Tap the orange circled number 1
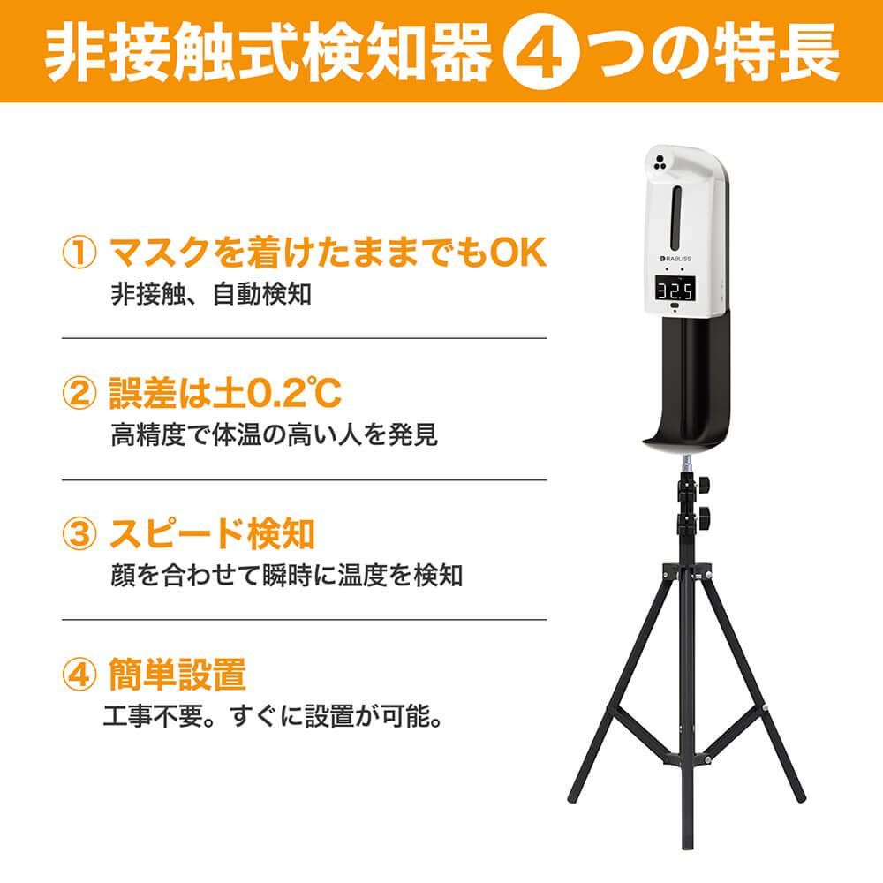79,253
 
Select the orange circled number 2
79,393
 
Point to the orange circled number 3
79,532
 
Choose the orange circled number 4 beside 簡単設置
79,674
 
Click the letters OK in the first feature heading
518,253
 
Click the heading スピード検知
212,533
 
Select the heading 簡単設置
177,674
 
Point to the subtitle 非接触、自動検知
211,294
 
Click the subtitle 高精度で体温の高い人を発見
275,434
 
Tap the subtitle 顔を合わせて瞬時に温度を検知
287,575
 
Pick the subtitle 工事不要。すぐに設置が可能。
273,716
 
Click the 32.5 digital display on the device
675,290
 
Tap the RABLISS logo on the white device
675,259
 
